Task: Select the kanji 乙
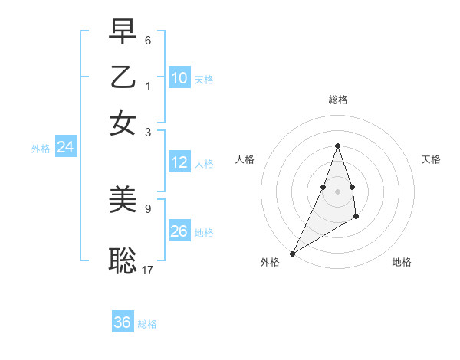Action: tap(123, 77)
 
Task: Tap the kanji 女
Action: tap(123, 123)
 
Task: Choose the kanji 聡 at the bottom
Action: tap(123, 260)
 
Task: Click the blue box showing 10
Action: tap(179, 78)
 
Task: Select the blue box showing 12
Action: tap(179, 162)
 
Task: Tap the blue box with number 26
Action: tap(179, 231)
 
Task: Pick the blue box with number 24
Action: tap(66, 148)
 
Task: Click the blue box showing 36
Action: tap(123, 322)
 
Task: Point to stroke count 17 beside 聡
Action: tap(147, 270)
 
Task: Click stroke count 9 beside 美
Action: tap(148, 208)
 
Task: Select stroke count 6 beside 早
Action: tap(148, 39)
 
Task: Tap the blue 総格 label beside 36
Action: tap(147, 324)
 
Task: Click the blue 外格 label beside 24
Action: tap(41, 149)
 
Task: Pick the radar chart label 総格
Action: tap(337, 100)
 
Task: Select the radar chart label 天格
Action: tap(431, 159)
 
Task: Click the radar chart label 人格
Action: tap(245, 159)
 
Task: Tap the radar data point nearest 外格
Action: tap(292, 253)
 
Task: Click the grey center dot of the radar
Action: tap(337, 191)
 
